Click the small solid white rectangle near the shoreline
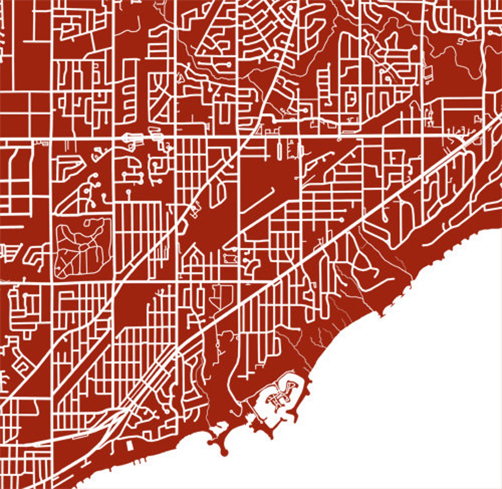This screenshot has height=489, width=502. click(x=129, y=446)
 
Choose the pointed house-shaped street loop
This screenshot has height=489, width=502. click(x=196, y=256)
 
